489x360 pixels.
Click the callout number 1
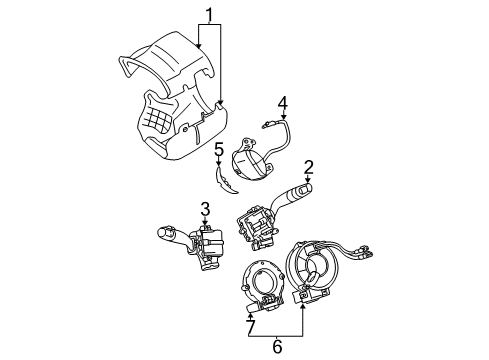pyautogui.click(x=209, y=15)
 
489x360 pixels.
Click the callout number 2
pyautogui.click(x=310, y=166)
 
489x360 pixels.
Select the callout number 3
pyautogui.click(x=204, y=209)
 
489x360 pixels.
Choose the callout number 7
pyautogui.click(x=251, y=326)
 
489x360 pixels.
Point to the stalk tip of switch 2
pyautogui.click(x=302, y=190)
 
